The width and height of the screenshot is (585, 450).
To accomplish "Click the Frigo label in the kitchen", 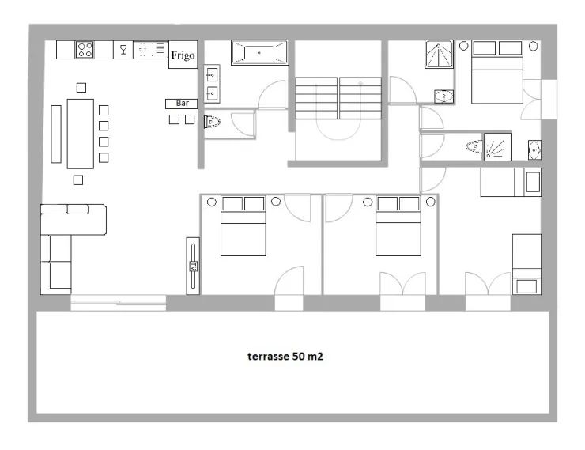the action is pyautogui.click(x=183, y=55).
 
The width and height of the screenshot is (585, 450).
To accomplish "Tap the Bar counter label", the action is pyautogui.click(x=182, y=103).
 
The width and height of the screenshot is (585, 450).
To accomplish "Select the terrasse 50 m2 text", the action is pyautogui.click(x=285, y=357).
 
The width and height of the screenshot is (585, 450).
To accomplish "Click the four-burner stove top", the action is pyautogui.click(x=85, y=50).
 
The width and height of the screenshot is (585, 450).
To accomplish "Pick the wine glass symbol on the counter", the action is pyautogui.click(x=123, y=50).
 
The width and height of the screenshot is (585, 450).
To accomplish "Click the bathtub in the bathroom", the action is pyautogui.click(x=259, y=53).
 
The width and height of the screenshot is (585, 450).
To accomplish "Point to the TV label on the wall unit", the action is pyautogui.click(x=193, y=266).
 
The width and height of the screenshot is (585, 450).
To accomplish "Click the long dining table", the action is pyautogui.click(x=80, y=134).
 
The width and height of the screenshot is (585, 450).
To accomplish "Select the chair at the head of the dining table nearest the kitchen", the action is pyautogui.click(x=81, y=88).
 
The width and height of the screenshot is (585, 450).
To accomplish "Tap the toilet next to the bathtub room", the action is pyautogui.click(x=212, y=122).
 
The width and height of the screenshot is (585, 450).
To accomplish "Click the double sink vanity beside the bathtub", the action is pyautogui.click(x=212, y=84).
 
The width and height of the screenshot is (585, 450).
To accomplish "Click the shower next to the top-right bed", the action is pyautogui.click(x=439, y=55).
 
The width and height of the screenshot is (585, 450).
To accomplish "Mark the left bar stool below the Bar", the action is pyautogui.click(x=174, y=119).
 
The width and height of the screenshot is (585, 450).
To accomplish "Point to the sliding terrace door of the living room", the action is pyautogui.click(x=119, y=303).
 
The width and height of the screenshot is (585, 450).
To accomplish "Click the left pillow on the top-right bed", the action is pyautogui.click(x=484, y=48).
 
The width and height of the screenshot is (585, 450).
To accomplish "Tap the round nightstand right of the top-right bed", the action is pyautogui.click(x=534, y=47).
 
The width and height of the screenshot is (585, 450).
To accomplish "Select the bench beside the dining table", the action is pyautogui.click(x=56, y=134).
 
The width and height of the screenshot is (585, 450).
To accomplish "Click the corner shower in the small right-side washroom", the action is pyautogui.click(x=498, y=147).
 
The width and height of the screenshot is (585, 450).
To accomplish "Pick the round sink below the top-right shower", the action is pyautogui.click(x=443, y=96).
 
